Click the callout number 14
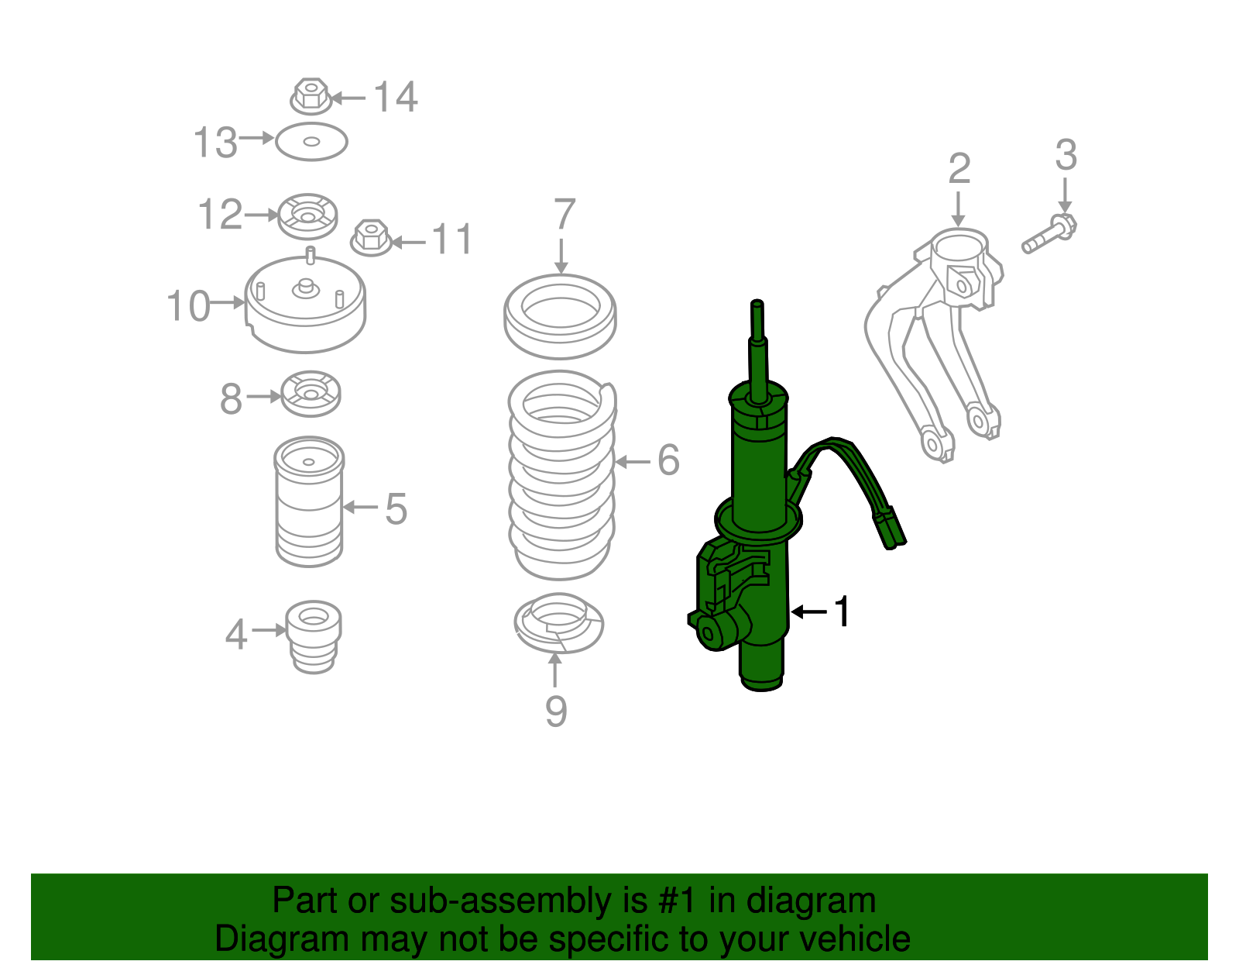pyautogui.click(x=396, y=98)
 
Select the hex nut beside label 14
pyautogui.click(x=311, y=96)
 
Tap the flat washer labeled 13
pyautogui.click(x=311, y=142)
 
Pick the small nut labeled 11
pyautogui.click(x=371, y=237)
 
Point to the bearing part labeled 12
pyautogui.click(x=308, y=215)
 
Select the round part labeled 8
pyautogui.click(x=310, y=394)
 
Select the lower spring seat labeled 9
pyautogui.click(x=559, y=623)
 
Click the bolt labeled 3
pyautogui.click(x=1050, y=234)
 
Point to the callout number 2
pyautogui.click(x=959, y=168)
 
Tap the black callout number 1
pyautogui.click(x=841, y=612)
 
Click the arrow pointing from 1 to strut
pyautogui.click(x=808, y=612)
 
